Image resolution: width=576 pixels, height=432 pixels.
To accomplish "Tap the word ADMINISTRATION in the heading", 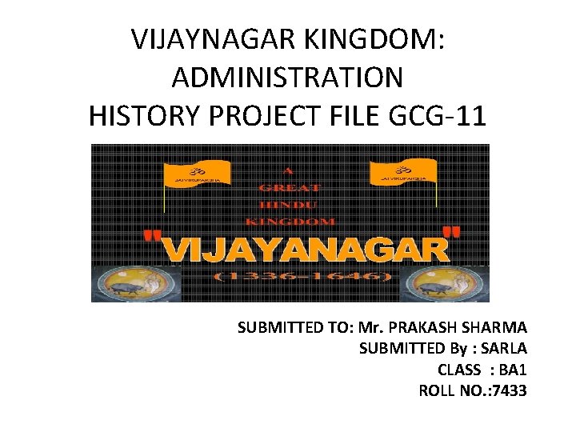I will click(x=287, y=78).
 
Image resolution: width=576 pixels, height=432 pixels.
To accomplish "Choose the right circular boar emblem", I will click(x=442, y=283).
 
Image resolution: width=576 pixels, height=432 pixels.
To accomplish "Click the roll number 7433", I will click(x=510, y=391).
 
